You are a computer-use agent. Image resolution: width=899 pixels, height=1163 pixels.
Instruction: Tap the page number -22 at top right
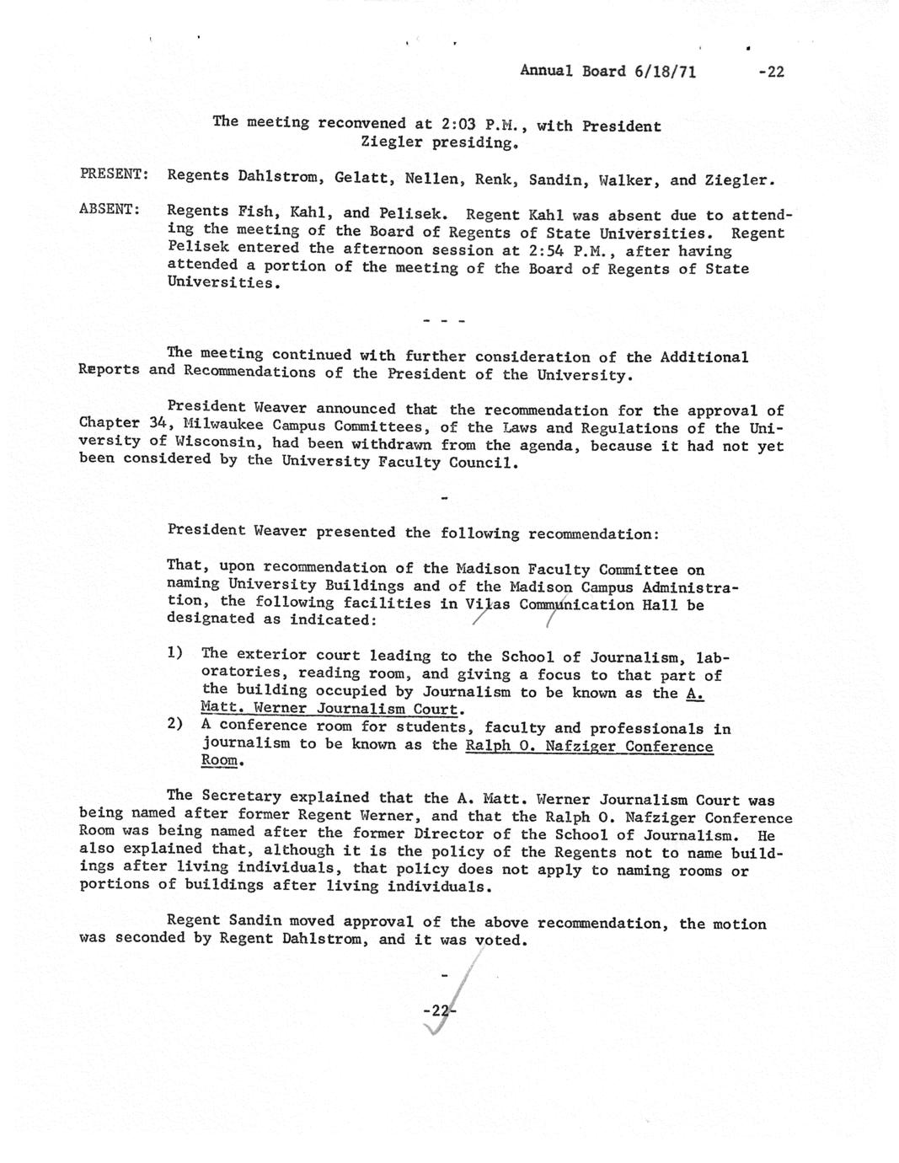pos(770,72)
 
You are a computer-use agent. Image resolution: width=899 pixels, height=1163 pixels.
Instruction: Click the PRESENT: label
pos(115,174)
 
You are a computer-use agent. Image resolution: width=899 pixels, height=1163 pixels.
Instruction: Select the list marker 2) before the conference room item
pos(175,724)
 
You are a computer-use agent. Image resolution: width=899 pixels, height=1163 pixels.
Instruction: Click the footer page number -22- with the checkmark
pos(439,1010)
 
